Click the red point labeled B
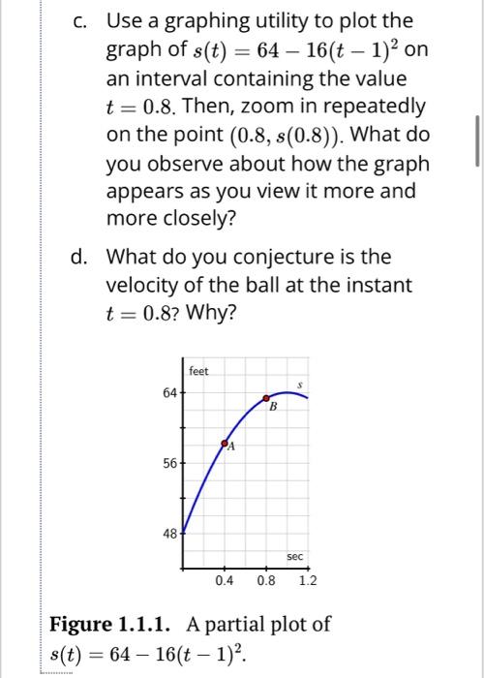click(x=267, y=398)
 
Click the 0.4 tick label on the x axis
click(x=225, y=580)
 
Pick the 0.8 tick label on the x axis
click(x=266, y=580)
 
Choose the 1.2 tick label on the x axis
click(x=308, y=580)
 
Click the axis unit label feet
click(x=198, y=371)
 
